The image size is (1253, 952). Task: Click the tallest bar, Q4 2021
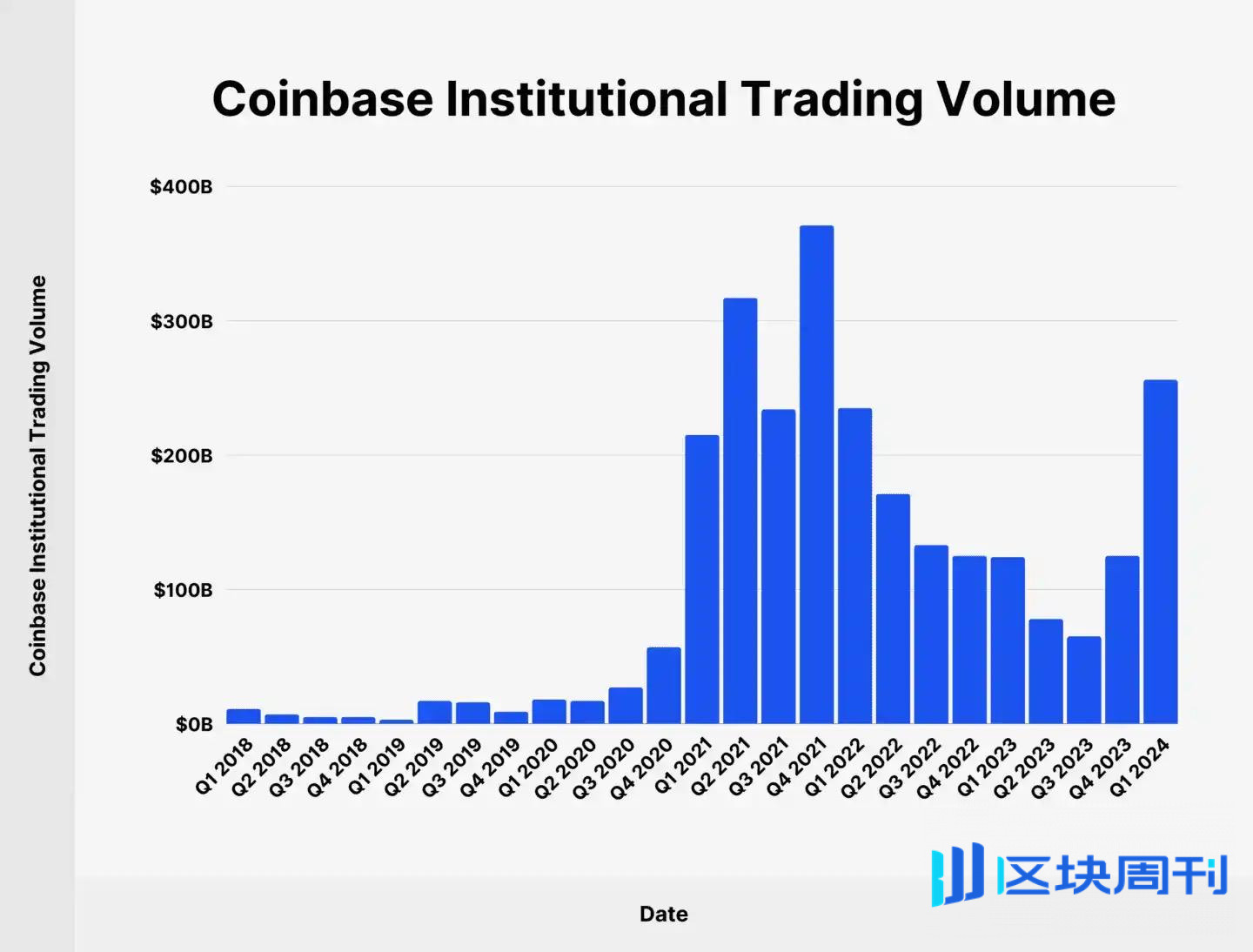click(x=816, y=474)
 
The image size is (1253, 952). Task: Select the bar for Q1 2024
click(x=1160, y=552)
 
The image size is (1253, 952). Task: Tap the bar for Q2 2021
click(x=740, y=511)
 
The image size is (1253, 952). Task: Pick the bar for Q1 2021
click(x=701, y=579)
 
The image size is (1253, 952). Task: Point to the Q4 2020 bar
click(x=663, y=686)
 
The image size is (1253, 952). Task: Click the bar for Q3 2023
click(x=1083, y=680)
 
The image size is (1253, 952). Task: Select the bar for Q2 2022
click(x=893, y=608)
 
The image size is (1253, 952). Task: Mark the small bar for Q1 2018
click(x=244, y=716)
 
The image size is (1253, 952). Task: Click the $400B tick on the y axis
click(x=181, y=187)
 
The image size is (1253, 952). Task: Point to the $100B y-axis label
click(x=183, y=590)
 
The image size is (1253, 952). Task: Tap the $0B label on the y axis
click(x=193, y=724)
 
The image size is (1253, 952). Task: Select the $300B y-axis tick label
click(x=181, y=322)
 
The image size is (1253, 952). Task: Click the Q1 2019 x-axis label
click(x=377, y=767)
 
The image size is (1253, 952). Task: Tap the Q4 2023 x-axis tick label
click(x=1101, y=768)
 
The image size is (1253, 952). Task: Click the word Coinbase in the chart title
click(x=322, y=98)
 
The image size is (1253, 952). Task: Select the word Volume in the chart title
click(x=1026, y=98)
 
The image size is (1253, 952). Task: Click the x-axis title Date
click(x=663, y=914)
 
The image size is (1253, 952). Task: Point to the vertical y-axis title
click(x=37, y=475)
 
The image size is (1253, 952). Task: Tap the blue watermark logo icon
click(x=957, y=874)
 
